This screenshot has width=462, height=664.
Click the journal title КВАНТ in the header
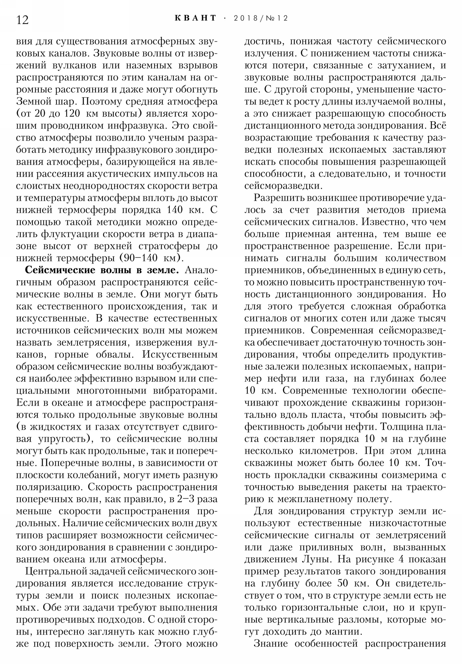pos(195,18)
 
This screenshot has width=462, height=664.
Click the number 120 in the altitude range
pos(71,114)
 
